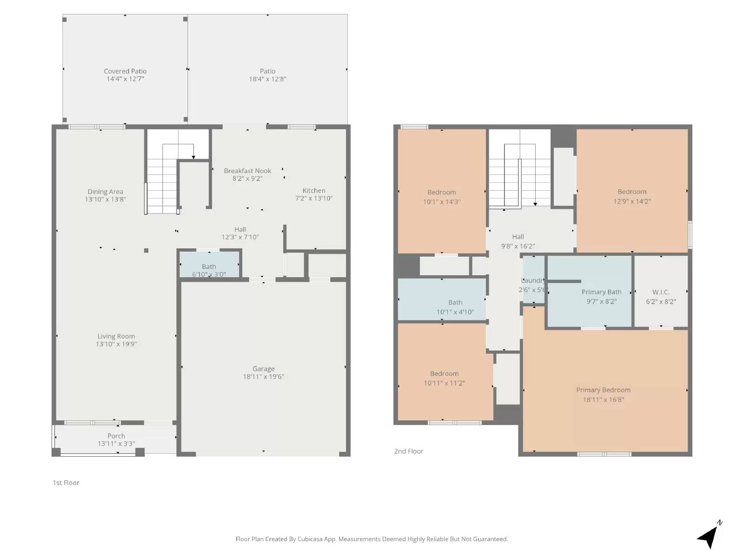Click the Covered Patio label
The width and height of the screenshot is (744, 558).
125,71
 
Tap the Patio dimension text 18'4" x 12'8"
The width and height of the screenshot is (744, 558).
267,79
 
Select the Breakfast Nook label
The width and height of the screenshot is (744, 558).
247,171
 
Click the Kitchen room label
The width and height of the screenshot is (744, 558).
314,191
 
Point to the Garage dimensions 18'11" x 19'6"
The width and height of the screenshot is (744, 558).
263,377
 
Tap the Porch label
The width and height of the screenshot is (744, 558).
116,436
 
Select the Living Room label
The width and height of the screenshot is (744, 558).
116,336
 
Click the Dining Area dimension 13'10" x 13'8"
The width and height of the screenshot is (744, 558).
105,199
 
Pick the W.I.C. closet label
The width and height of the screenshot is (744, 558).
661,292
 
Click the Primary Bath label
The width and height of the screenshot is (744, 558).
601,292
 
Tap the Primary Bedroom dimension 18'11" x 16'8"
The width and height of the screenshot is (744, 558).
604,399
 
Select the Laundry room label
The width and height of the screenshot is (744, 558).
533,280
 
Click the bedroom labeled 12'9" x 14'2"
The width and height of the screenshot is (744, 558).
632,192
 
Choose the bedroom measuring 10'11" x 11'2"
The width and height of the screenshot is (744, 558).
444,374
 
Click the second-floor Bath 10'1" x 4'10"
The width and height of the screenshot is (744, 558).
455,303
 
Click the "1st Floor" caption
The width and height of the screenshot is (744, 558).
66,483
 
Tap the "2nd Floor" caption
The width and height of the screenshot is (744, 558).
409,451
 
